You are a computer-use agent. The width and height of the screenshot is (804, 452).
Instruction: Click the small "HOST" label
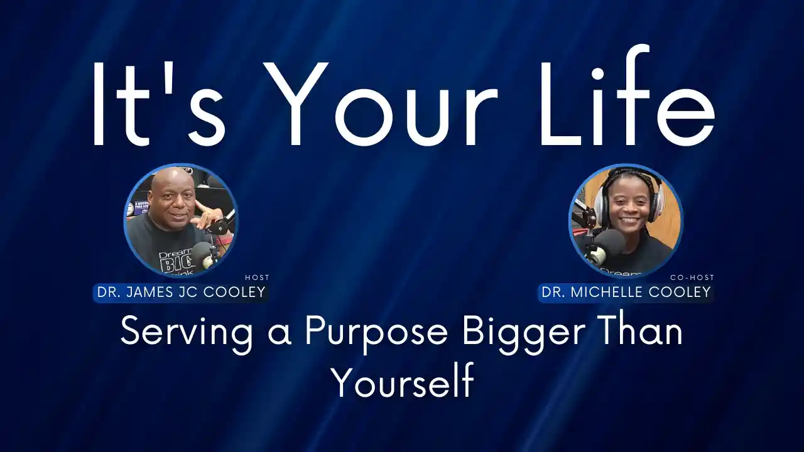click(x=257, y=277)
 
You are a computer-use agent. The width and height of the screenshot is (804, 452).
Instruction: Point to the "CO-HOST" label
click(x=692, y=277)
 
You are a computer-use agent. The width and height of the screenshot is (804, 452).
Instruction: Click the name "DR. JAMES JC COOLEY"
click(x=182, y=292)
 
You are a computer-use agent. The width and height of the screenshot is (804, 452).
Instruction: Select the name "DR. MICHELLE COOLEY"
click(x=626, y=292)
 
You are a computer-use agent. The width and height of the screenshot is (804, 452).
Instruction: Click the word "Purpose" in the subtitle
click(x=376, y=333)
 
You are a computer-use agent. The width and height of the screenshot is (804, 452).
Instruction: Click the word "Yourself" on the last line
click(x=403, y=380)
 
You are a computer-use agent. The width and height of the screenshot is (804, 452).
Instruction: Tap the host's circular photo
click(x=181, y=221)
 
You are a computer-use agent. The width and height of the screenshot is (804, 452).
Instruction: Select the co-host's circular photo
click(x=626, y=221)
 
